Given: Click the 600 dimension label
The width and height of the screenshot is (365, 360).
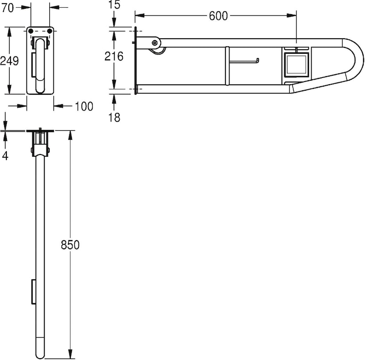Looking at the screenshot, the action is tap(218, 16).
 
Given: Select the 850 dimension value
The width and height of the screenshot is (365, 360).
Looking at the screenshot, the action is tap(70, 245).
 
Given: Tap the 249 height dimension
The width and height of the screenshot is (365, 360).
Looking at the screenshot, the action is tap(9, 61).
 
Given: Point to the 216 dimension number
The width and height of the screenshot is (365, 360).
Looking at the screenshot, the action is tap(114, 57).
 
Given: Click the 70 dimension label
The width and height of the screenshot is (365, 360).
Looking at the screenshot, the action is tap(7, 8).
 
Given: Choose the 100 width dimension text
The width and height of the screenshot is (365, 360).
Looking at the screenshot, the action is tap(84, 107).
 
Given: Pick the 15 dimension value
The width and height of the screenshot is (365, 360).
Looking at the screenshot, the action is tap(115, 5).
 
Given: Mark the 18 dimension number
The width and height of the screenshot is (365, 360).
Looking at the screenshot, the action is tap(115, 118).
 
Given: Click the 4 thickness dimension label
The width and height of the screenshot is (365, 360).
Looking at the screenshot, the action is tap(5, 155).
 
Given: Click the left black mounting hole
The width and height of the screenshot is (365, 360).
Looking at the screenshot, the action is tap(31, 31).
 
